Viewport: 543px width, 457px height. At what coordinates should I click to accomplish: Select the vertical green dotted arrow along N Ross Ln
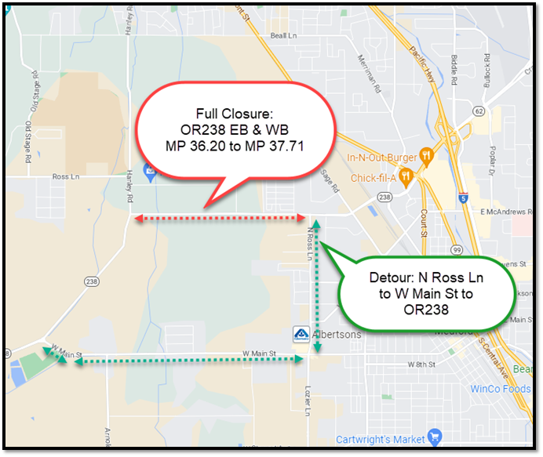(315, 290)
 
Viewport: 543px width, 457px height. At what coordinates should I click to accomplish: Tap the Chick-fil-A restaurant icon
(406, 176)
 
